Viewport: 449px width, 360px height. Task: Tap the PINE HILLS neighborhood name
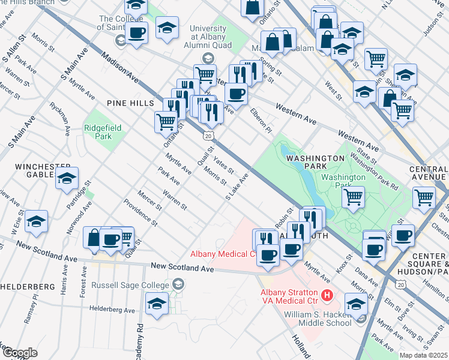[130, 103]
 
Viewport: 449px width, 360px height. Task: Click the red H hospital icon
[327, 295]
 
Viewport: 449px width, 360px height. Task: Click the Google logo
[19, 353]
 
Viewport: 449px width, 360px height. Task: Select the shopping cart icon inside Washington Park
[354, 196]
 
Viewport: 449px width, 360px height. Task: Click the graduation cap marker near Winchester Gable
[67, 178]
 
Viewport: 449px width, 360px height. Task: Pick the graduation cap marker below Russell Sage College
[157, 303]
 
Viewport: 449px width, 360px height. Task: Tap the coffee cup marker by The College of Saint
[137, 32]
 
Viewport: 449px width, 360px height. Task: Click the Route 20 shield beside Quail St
[208, 137]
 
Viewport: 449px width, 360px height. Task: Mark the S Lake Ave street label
[237, 188]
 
